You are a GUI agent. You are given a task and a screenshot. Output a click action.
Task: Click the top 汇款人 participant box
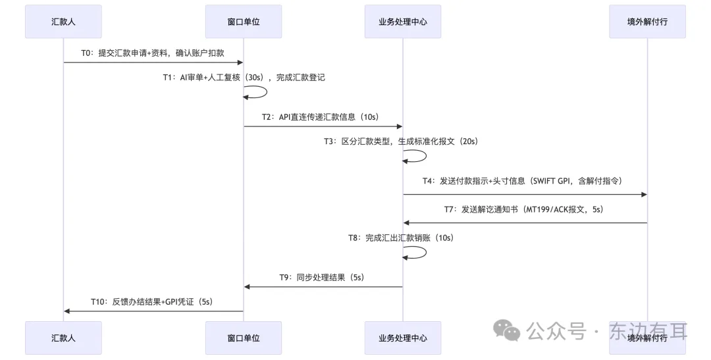click(x=63, y=22)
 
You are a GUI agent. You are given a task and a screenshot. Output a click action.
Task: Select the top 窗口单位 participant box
click(x=243, y=22)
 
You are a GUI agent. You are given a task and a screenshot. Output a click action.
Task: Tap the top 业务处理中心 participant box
click(x=402, y=22)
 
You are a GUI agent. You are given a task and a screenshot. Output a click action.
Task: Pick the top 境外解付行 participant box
click(x=647, y=22)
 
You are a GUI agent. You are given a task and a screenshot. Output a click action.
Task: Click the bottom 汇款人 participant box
click(x=63, y=338)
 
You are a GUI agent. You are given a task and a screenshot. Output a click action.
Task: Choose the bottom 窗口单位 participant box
click(x=243, y=338)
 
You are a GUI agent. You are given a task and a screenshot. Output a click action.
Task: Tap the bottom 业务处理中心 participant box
click(x=402, y=338)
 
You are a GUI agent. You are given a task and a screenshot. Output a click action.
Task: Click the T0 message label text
click(x=153, y=53)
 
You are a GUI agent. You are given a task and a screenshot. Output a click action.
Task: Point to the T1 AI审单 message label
click(x=244, y=77)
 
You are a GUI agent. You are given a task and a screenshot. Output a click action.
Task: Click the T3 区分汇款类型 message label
click(x=400, y=141)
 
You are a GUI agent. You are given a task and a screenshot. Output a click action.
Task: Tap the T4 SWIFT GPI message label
click(x=522, y=181)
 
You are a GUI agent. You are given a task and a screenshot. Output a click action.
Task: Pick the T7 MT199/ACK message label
click(x=523, y=209)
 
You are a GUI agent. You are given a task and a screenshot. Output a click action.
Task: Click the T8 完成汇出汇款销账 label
click(x=400, y=238)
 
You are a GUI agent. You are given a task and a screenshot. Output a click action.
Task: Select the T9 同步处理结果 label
click(x=321, y=277)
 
